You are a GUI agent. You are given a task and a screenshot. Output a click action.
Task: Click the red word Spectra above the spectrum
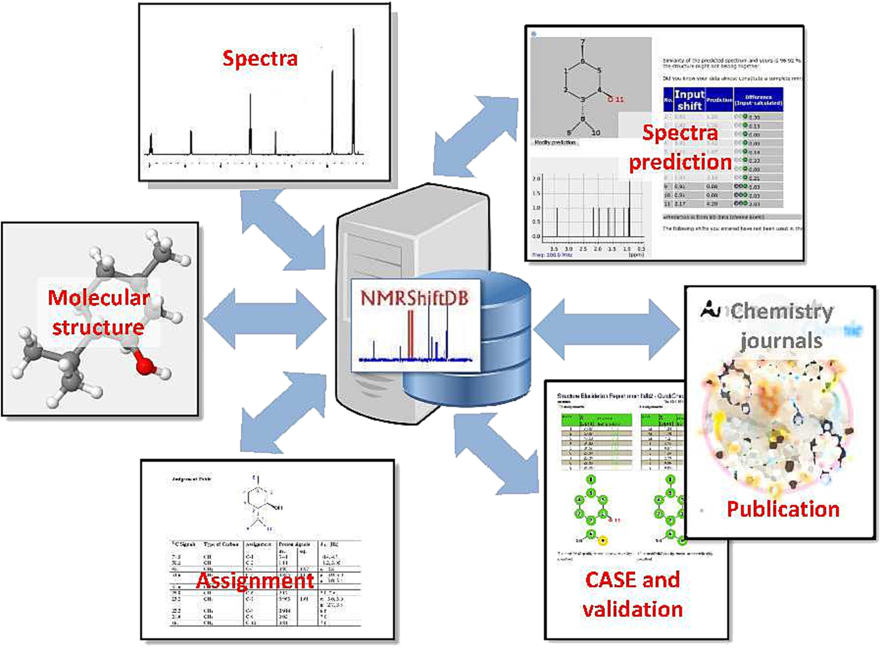[x=260, y=58]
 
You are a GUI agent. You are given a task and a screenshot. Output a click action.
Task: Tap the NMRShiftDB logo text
[x=414, y=298]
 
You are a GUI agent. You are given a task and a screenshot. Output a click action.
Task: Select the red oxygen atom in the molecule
[x=144, y=366]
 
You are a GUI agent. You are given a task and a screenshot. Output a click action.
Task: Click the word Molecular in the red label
[x=98, y=298]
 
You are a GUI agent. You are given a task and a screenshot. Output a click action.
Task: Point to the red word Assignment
[x=255, y=580]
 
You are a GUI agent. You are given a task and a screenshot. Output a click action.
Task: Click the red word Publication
[x=783, y=509]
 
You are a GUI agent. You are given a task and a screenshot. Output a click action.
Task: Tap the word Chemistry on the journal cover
[x=781, y=311]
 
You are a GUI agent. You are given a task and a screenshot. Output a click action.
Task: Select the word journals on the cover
[x=781, y=341]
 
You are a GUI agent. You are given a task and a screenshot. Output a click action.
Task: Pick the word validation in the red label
[x=632, y=609]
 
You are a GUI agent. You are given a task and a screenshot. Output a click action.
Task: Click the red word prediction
[x=680, y=162]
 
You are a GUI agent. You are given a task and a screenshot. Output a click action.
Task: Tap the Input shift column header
[x=689, y=100]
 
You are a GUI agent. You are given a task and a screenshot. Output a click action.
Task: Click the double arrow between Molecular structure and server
[x=266, y=319]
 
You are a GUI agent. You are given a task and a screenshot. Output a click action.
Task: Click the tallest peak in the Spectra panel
[x=354, y=83]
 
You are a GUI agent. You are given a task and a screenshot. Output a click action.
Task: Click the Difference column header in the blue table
[x=758, y=100]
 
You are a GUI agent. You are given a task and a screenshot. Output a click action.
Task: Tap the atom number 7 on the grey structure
[x=583, y=42]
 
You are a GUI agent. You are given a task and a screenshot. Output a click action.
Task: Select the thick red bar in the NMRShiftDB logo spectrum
[x=410, y=334]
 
